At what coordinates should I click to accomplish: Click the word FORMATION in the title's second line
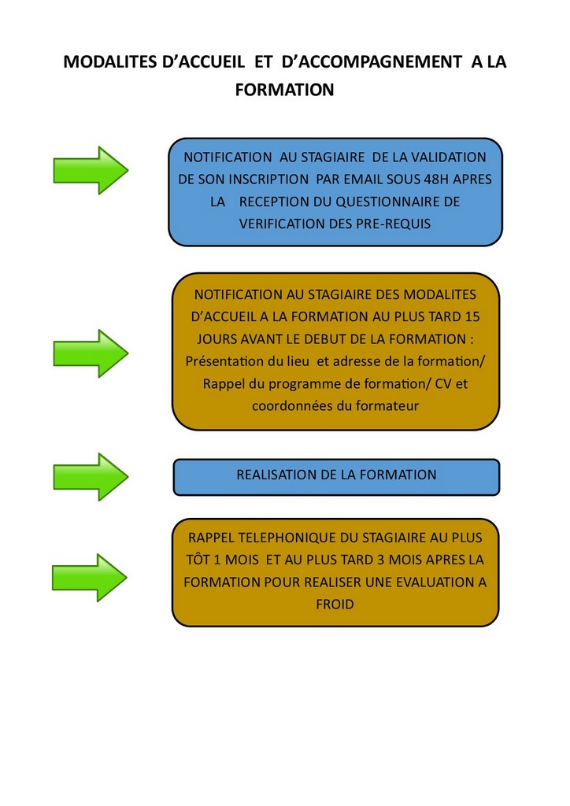click(284, 90)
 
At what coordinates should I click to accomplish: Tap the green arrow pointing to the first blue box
click(91, 170)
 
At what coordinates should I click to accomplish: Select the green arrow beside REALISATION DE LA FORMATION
click(91, 476)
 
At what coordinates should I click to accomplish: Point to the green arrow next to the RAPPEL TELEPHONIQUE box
click(90, 578)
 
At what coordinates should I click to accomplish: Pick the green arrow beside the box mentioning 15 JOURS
click(91, 353)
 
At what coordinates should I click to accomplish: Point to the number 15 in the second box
click(472, 316)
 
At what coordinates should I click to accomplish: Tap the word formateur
click(387, 406)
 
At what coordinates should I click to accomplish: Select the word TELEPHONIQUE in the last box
click(287, 538)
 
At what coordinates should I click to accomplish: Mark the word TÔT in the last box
click(197, 560)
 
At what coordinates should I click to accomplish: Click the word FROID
click(335, 604)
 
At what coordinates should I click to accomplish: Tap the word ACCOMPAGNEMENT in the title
click(372, 61)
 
